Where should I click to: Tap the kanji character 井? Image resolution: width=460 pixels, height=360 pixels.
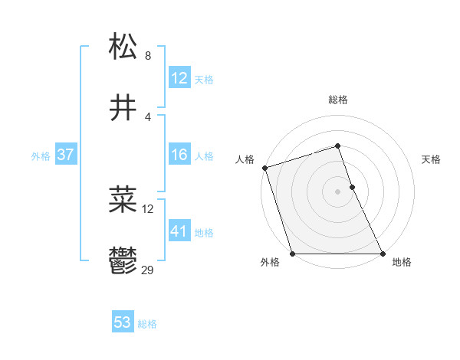123,109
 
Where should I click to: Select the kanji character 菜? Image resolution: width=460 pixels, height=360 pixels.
123,200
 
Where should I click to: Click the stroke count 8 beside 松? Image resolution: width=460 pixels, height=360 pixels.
148,56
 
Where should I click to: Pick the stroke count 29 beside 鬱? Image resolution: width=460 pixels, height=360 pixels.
148,270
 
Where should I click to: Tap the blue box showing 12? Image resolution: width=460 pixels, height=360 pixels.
179,78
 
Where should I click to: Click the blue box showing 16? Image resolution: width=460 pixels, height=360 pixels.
179,155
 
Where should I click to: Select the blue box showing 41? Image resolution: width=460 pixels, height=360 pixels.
179,231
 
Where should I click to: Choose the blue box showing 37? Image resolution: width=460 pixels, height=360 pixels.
65,155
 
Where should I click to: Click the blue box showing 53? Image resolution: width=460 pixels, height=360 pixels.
123,322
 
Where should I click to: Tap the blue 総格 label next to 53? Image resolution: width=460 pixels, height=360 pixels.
147,324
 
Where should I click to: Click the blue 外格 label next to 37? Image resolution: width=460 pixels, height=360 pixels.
41,156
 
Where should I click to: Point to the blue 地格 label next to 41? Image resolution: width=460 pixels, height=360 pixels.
204,233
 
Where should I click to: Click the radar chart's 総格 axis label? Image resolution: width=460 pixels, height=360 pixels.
338,100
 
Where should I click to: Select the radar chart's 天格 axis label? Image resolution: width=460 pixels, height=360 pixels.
432,159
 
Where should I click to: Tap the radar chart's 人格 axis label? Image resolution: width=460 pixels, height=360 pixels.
245,159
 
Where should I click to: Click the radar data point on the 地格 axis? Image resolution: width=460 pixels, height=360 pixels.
383,254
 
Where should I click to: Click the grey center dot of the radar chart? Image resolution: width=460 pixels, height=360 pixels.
338,191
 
